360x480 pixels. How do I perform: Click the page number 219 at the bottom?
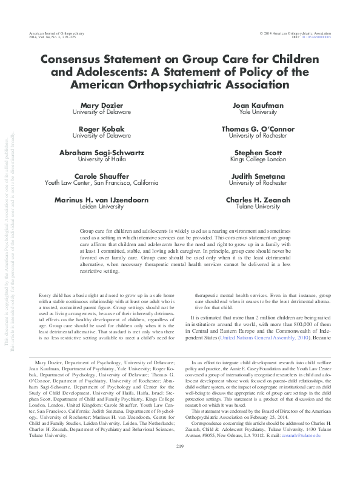point(179,464)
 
